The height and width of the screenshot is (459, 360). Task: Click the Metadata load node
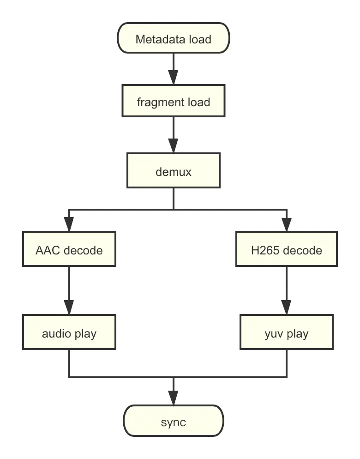pyautogui.click(x=174, y=39)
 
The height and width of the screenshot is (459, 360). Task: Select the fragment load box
pyautogui.click(x=174, y=102)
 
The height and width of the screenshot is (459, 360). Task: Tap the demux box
pyautogui.click(x=174, y=172)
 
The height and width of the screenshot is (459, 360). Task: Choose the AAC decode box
pyautogui.click(x=69, y=250)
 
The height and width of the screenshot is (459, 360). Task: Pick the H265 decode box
pyautogui.click(x=286, y=250)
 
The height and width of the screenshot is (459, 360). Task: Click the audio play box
pyautogui.click(x=69, y=333)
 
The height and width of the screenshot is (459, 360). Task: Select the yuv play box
pyautogui.click(x=286, y=333)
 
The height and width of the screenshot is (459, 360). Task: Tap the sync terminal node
pyautogui.click(x=174, y=422)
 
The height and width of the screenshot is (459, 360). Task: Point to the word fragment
pyautogui.click(x=158, y=102)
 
